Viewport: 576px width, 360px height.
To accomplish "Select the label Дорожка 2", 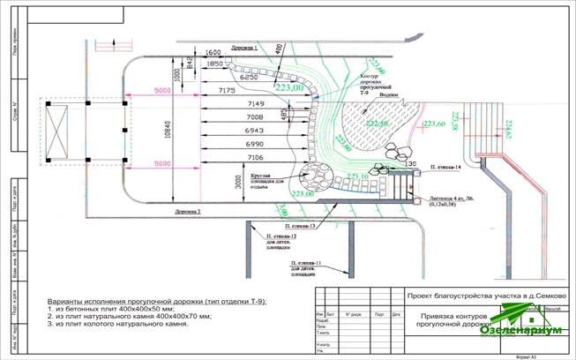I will point(186,212).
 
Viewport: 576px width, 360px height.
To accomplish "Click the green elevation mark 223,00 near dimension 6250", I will point(289,88).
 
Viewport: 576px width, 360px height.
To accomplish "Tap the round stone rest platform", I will point(312,175).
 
